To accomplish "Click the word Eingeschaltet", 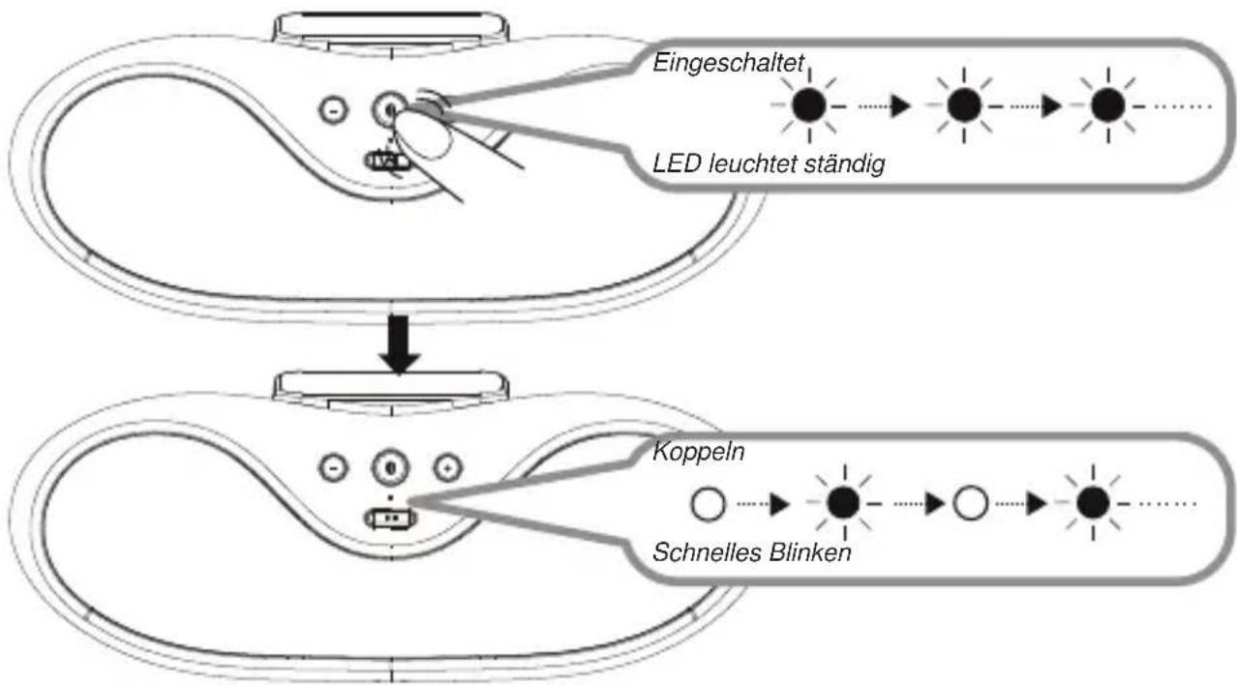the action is [729, 64].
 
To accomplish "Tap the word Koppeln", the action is [699, 453].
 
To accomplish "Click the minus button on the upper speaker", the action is [334, 110].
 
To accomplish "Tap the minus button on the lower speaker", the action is [334, 468].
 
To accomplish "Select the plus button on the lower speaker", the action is [447, 468].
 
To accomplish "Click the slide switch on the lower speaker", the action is [390, 519].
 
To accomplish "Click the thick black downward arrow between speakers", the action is [399, 344].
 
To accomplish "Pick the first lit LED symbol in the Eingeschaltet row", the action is [809, 104].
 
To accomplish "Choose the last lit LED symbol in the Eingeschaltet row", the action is [1107, 104].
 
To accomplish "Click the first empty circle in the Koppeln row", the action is [708, 504].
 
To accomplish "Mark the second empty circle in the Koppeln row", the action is [970, 503].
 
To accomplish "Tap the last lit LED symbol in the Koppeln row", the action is [1093, 503].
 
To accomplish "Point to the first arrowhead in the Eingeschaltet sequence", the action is [901, 105].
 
